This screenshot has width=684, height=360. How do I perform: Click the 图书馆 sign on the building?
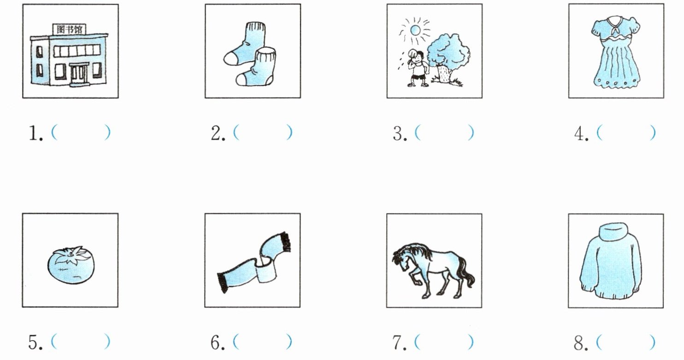(69, 30)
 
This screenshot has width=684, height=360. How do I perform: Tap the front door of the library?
(78, 75)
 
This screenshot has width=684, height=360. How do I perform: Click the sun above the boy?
(415, 30)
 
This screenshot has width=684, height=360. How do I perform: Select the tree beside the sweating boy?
(448, 59)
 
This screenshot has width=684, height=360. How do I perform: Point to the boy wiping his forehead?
(417, 69)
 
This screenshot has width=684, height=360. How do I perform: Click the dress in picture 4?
(616, 52)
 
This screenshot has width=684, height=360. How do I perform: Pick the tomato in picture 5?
(71, 265)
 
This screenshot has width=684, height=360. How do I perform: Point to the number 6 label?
(218, 342)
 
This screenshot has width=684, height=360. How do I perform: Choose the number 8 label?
(581, 342)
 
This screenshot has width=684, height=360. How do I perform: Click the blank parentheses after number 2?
(263, 132)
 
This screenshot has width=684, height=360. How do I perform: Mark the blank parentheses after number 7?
(444, 342)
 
